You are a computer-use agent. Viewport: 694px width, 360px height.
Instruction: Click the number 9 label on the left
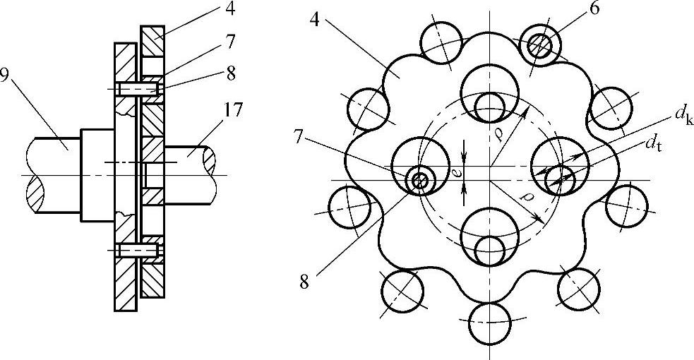[6, 75]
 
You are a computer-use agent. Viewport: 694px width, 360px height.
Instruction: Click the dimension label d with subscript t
[652, 143]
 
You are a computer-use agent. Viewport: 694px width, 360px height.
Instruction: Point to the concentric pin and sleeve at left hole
[419, 181]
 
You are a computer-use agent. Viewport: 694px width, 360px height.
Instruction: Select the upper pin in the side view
[136, 90]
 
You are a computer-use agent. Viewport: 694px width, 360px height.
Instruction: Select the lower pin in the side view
[136, 250]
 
